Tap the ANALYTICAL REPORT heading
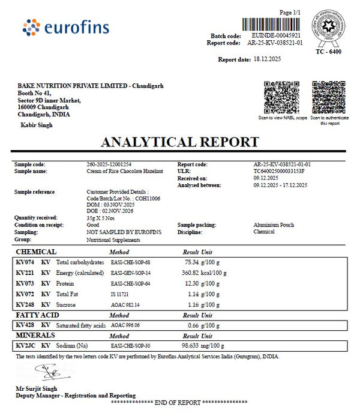click(x=180, y=142)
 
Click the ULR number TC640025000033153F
click(x=279, y=171)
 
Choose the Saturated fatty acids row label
click(x=81, y=325)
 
